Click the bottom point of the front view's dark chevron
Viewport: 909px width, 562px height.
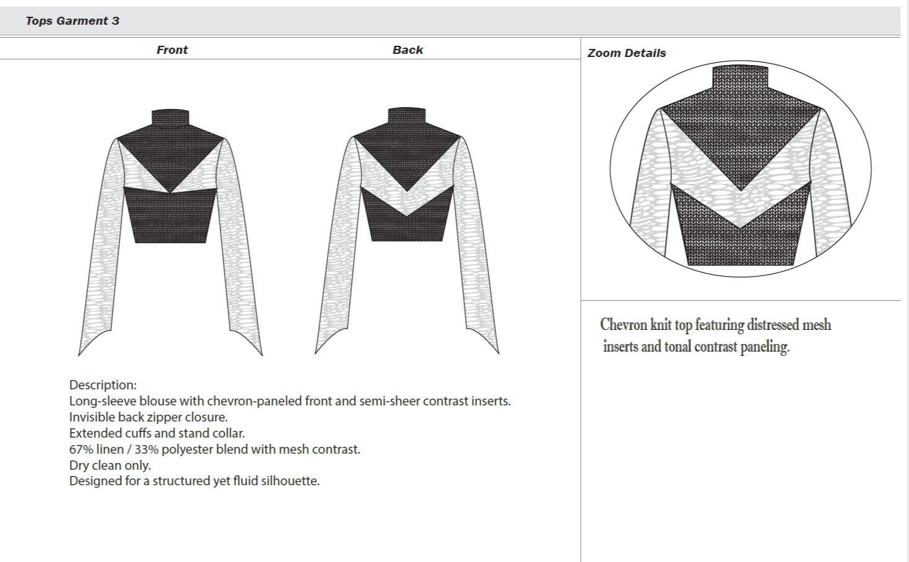click(170, 193)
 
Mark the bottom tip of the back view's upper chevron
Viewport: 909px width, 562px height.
click(407, 192)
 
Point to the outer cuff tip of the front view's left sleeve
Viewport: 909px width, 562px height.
click(78, 356)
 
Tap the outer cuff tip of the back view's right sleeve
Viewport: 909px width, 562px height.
click(499, 354)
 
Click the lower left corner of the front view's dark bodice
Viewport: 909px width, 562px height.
click(135, 243)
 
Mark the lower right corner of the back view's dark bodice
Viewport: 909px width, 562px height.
click(442, 241)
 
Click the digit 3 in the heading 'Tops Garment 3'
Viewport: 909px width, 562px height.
click(116, 21)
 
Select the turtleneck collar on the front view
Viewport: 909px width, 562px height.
click(170, 118)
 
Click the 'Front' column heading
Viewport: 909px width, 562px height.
click(172, 50)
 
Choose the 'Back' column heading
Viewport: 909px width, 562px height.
click(408, 50)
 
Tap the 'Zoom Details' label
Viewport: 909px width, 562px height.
click(627, 53)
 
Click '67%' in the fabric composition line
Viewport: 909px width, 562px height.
click(80, 449)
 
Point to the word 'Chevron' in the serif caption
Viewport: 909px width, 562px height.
click(624, 325)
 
